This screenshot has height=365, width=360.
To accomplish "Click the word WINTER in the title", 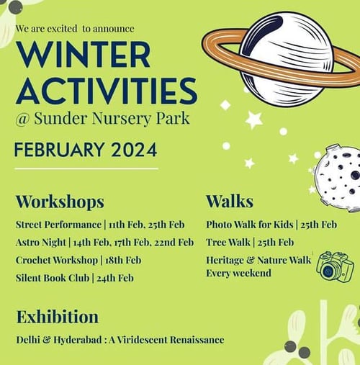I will click(84, 55).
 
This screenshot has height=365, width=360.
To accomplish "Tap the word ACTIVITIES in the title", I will click(106, 91).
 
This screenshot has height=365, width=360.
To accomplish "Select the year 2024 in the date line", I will click(133, 150).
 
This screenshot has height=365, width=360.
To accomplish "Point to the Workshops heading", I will click(60, 201).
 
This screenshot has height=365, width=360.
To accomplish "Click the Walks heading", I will click(230, 201).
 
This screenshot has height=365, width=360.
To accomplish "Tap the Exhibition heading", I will click(58, 317).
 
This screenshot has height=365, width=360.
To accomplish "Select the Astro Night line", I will click(104, 243).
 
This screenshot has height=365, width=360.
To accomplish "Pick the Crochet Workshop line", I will click(78, 260).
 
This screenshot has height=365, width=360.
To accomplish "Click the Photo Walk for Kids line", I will click(271, 225).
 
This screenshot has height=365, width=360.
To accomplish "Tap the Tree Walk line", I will click(250, 243).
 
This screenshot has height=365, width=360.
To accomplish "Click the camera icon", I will click(334, 266).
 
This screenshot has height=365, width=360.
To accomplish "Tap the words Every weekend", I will click(238, 274).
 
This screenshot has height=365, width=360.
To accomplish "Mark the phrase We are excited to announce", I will click(74, 29).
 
